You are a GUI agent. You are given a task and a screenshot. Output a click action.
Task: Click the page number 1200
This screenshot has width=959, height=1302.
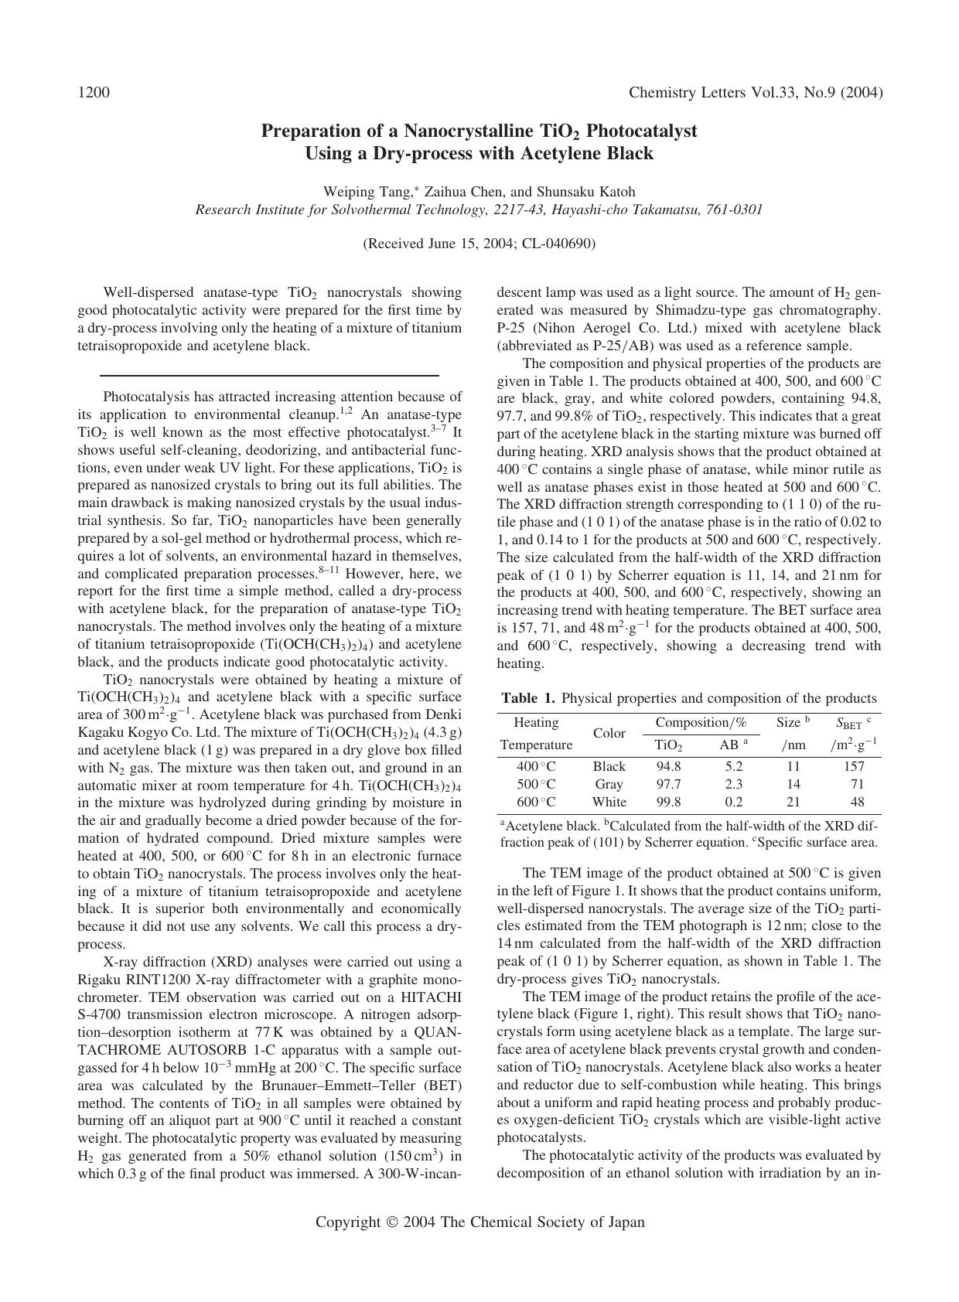(94, 93)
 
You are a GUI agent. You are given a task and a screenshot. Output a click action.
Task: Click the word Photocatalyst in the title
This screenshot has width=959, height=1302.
(642, 131)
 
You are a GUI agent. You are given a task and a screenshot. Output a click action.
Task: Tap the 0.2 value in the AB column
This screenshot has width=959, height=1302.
(733, 802)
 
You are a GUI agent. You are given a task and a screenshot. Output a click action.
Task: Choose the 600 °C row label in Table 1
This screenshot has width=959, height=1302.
(536, 802)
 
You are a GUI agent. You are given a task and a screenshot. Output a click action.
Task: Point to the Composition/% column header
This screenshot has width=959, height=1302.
(701, 722)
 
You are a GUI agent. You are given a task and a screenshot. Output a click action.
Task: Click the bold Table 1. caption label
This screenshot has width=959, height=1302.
(528, 698)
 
